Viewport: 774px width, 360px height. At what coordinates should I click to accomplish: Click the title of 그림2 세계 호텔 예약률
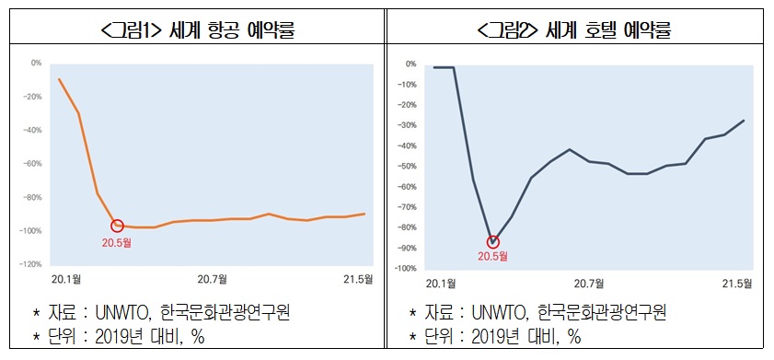point(575,31)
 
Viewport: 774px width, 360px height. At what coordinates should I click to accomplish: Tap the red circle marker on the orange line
point(117,226)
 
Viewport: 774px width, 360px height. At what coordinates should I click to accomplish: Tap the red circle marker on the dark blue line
point(493,242)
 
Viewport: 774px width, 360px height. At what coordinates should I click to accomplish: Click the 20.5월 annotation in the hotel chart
point(493,256)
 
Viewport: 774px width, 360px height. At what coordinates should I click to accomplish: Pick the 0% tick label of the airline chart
point(36,64)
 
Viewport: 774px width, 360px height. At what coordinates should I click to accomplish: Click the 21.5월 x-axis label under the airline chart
point(359,278)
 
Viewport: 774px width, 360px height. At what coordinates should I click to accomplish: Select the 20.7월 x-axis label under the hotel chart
point(588,283)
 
